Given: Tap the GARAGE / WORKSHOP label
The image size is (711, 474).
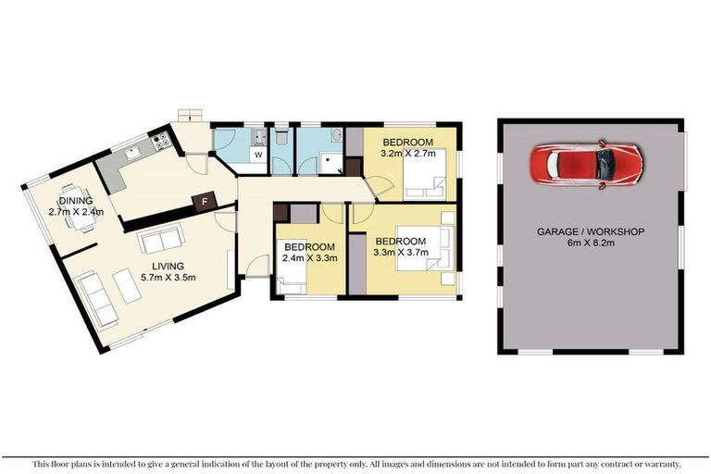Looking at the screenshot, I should (591, 231).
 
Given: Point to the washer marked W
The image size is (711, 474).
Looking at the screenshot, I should (258, 155).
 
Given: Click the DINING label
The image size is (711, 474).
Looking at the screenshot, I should (76, 201).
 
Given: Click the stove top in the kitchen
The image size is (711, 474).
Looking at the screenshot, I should (162, 142).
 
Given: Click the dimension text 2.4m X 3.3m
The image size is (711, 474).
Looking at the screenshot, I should (309, 259).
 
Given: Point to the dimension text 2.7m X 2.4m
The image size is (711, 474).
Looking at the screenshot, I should (76, 212).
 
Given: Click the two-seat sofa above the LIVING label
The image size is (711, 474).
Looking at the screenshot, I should (161, 240).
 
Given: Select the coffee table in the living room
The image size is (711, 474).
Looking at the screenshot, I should (128, 284).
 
